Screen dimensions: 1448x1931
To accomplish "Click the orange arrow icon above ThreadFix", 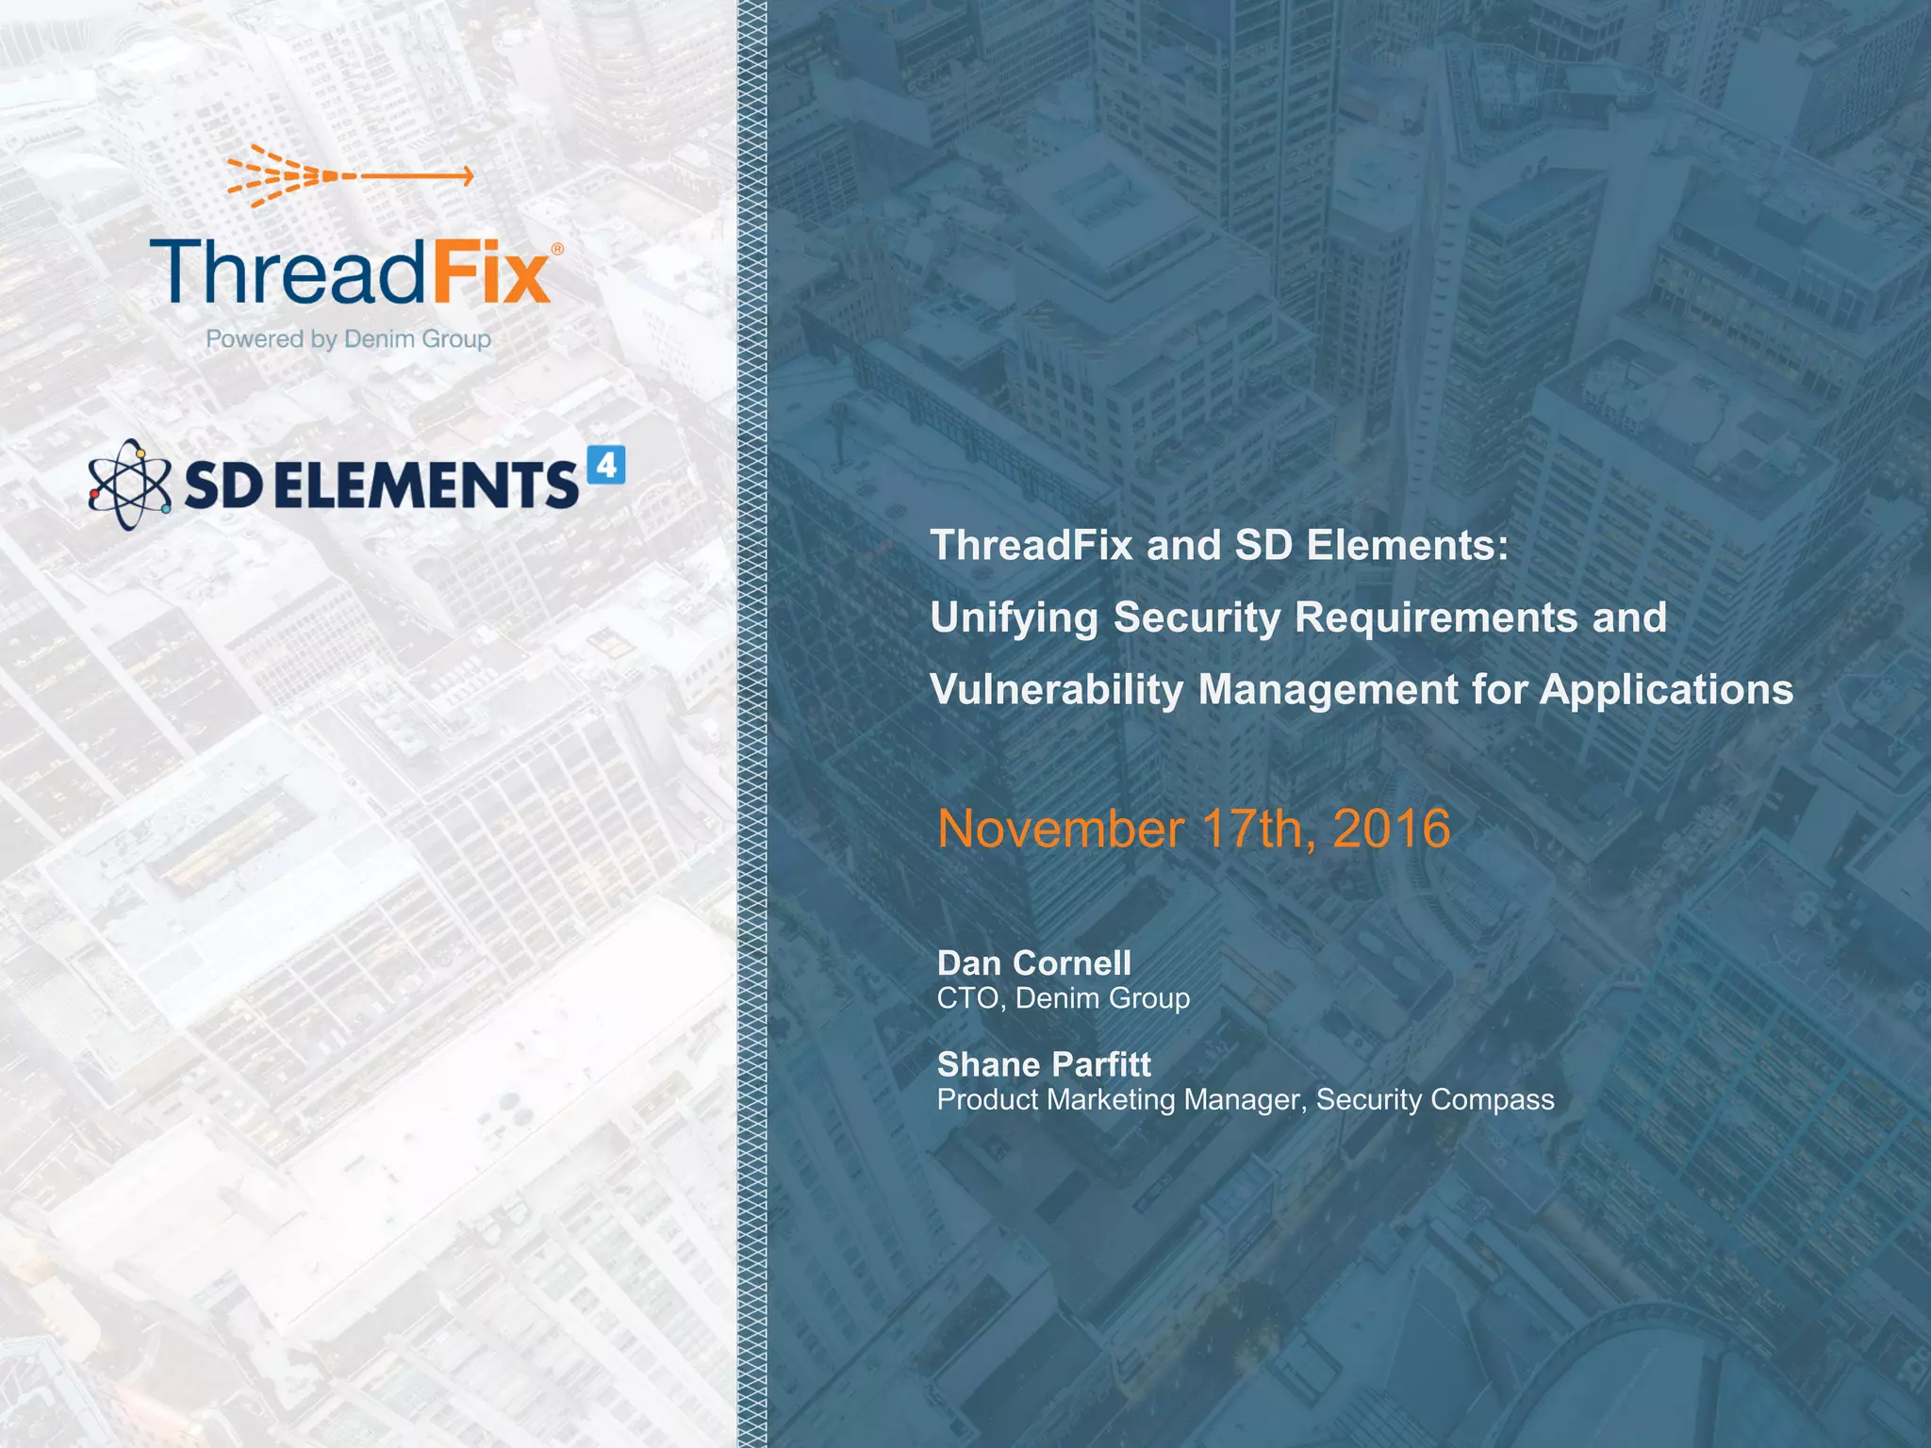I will pyautogui.click(x=349, y=175).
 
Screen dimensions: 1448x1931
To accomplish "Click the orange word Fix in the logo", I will pyautogui.click(x=491, y=272).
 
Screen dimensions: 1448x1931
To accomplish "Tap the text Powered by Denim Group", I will pyautogui.click(x=348, y=338).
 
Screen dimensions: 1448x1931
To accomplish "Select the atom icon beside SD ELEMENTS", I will pyautogui.click(x=129, y=484).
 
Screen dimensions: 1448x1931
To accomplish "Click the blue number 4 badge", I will pyautogui.click(x=605, y=465).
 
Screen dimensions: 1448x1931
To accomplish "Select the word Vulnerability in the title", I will pyautogui.click(x=1056, y=690).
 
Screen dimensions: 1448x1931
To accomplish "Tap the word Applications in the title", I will pyautogui.click(x=1666, y=690).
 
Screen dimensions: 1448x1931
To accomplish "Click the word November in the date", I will pyautogui.click(x=1060, y=830).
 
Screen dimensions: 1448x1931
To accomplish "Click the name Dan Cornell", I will pyautogui.click(x=1033, y=963).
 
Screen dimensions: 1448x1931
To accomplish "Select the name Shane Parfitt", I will pyautogui.click(x=1044, y=1065).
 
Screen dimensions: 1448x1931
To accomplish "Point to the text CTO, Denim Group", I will pyautogui.click(x=1063, y=998).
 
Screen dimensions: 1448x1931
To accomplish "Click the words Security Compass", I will pyautogui.click(x=1434, y=1100).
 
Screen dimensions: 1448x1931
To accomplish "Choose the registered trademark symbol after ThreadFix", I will pyautogui.click(x=557, y=250).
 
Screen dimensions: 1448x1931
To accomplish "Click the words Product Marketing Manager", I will pyautogui.click(x=1121, y=1100).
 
